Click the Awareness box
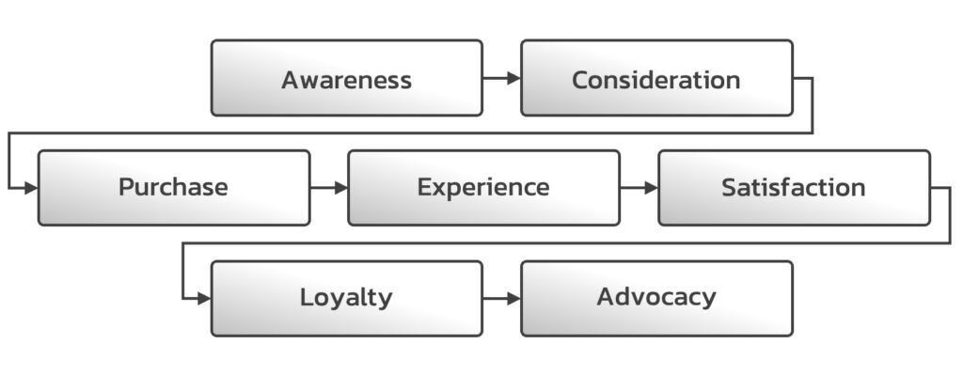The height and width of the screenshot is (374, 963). point(346,78)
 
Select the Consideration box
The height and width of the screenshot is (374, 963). point(656,78)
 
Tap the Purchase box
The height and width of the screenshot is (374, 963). point(173,188)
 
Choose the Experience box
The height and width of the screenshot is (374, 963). point(483,188)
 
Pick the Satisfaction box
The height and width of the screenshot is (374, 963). point(794,188)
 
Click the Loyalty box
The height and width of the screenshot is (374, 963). point(346,298)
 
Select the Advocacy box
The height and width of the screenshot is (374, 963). point(656,298)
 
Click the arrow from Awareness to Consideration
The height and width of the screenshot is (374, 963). point(501,79)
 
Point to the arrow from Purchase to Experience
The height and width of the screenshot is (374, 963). point(328,188)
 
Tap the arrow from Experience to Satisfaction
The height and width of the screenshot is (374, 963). point(639,188)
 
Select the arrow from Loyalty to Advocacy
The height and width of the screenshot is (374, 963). point(501,299)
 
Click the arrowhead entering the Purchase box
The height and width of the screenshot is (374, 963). point(31,188)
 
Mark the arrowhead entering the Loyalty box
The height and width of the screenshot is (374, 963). point(204,299)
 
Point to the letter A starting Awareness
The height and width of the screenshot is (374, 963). point(290,80)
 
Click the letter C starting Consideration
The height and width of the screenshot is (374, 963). point(580,80)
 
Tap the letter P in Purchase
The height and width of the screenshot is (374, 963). point(126,187)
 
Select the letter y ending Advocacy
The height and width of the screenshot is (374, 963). point(708,300)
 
